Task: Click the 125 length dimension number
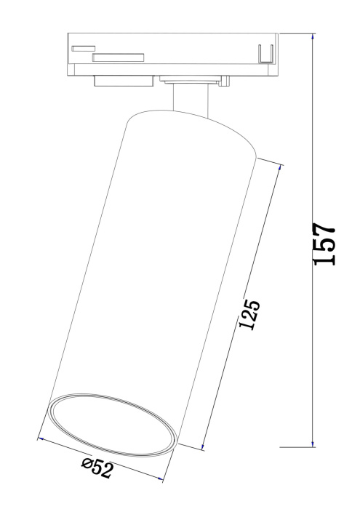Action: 248,314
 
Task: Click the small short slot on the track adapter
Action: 84,48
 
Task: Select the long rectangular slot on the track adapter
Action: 119,57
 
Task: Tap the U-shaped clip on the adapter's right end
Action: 266,54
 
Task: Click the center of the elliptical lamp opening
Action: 112,423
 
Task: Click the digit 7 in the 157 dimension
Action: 324,225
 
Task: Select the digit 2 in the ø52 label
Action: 108,472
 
